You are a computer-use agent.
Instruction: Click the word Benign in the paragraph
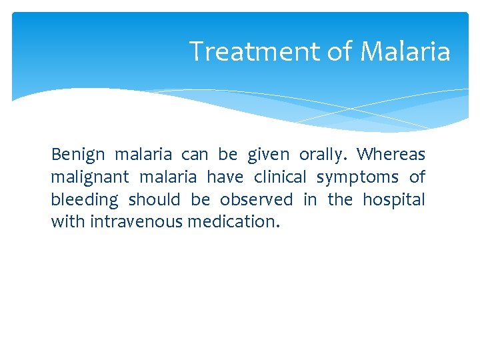coord(78,155)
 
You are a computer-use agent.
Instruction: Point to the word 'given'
coord(269,155)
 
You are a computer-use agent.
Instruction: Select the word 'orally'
coord(323,155)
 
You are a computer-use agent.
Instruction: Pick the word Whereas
coord(391,155)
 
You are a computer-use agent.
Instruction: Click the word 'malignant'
coord(89,177)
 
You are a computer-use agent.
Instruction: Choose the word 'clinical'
coord(280,177)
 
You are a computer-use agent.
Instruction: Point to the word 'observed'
coord(256,199)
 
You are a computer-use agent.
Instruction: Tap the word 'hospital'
coord(393,200)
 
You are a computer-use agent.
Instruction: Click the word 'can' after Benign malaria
coord(195,155)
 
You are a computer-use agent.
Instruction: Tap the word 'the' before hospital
coord(339,199)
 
